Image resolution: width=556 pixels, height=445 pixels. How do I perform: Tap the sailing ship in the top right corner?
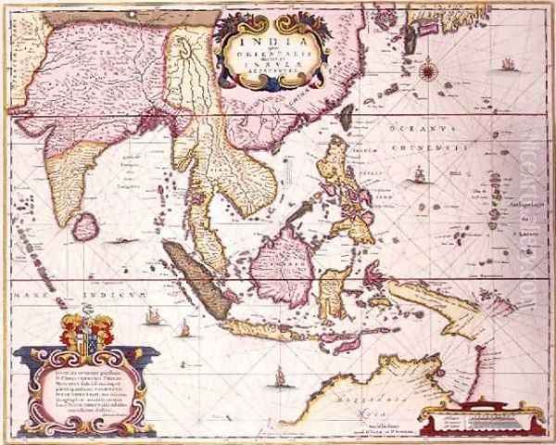pos(508,65)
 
